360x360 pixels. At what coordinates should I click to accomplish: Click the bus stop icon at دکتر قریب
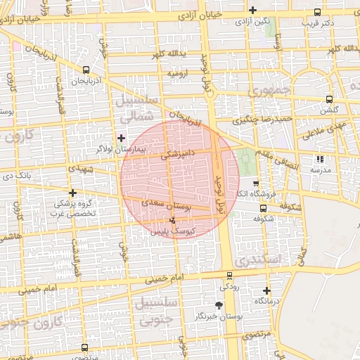tap(317, 12)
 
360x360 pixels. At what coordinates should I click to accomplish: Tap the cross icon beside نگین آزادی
tap(252, 10)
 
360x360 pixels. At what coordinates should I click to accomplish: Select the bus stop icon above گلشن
tap(328, 99)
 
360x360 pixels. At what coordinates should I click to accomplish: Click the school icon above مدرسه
tap(321, 160)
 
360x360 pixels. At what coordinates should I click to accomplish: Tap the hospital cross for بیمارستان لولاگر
tap(122, 138)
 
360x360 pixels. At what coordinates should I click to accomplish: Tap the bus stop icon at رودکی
tap(229, 276)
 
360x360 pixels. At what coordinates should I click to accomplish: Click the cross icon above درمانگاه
tap(266, 290)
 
